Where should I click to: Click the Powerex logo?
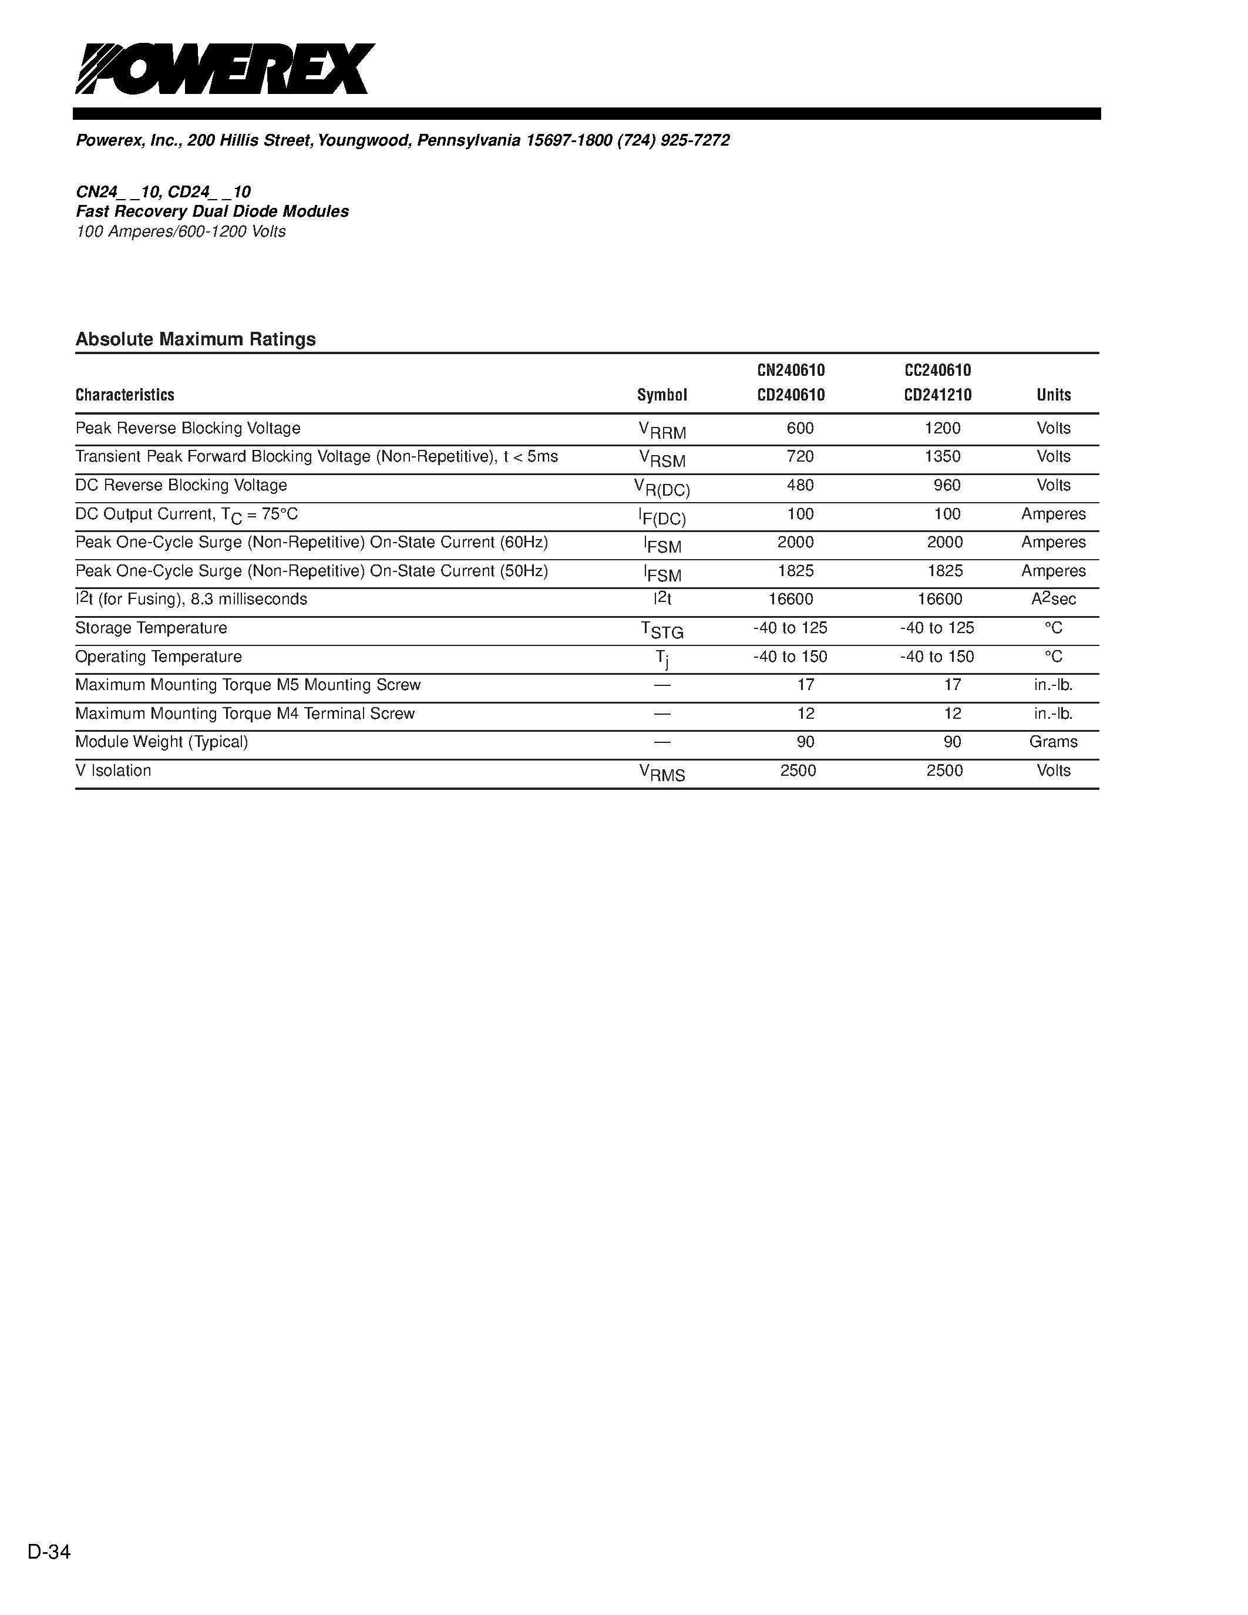pos(225,69)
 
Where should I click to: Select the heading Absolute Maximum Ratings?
pos(196,339)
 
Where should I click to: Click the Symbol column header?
pos(662,395)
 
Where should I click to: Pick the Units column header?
pos(1054,395)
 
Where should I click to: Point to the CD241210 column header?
pos(937,395)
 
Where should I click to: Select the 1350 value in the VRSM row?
pos(943,457)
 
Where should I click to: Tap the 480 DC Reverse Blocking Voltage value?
pos(800,485)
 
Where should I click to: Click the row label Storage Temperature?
pos(152,628)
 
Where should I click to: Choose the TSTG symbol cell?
pos(662,630)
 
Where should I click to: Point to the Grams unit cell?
pos(1054,742)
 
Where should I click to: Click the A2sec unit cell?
pos(1054,599)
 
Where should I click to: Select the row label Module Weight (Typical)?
pos(162,742)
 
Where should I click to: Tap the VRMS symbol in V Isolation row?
pos(662,773)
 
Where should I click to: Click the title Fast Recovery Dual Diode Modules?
pos(212,211)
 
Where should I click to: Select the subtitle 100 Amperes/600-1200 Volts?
pos(180,231)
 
